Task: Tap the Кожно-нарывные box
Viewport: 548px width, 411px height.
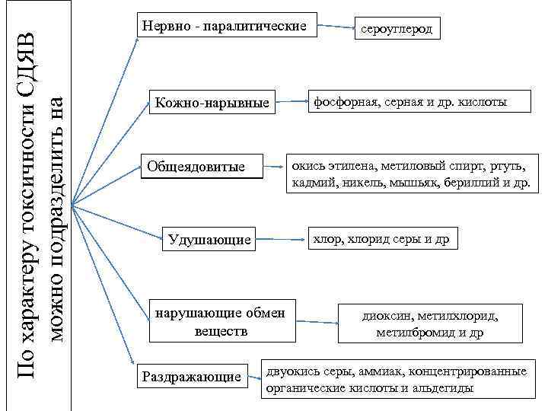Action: coord(212,103)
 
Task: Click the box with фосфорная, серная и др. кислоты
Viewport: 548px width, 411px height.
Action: coord(407,101)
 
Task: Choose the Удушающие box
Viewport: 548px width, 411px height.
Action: coord(209,240)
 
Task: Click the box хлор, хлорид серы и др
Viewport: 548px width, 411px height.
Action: coord(381,239)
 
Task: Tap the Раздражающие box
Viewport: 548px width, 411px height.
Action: coord(192,375)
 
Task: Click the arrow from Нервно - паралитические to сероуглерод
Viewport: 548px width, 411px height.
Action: coord(334,27)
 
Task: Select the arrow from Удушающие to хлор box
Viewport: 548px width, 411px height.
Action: coord(281,239)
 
